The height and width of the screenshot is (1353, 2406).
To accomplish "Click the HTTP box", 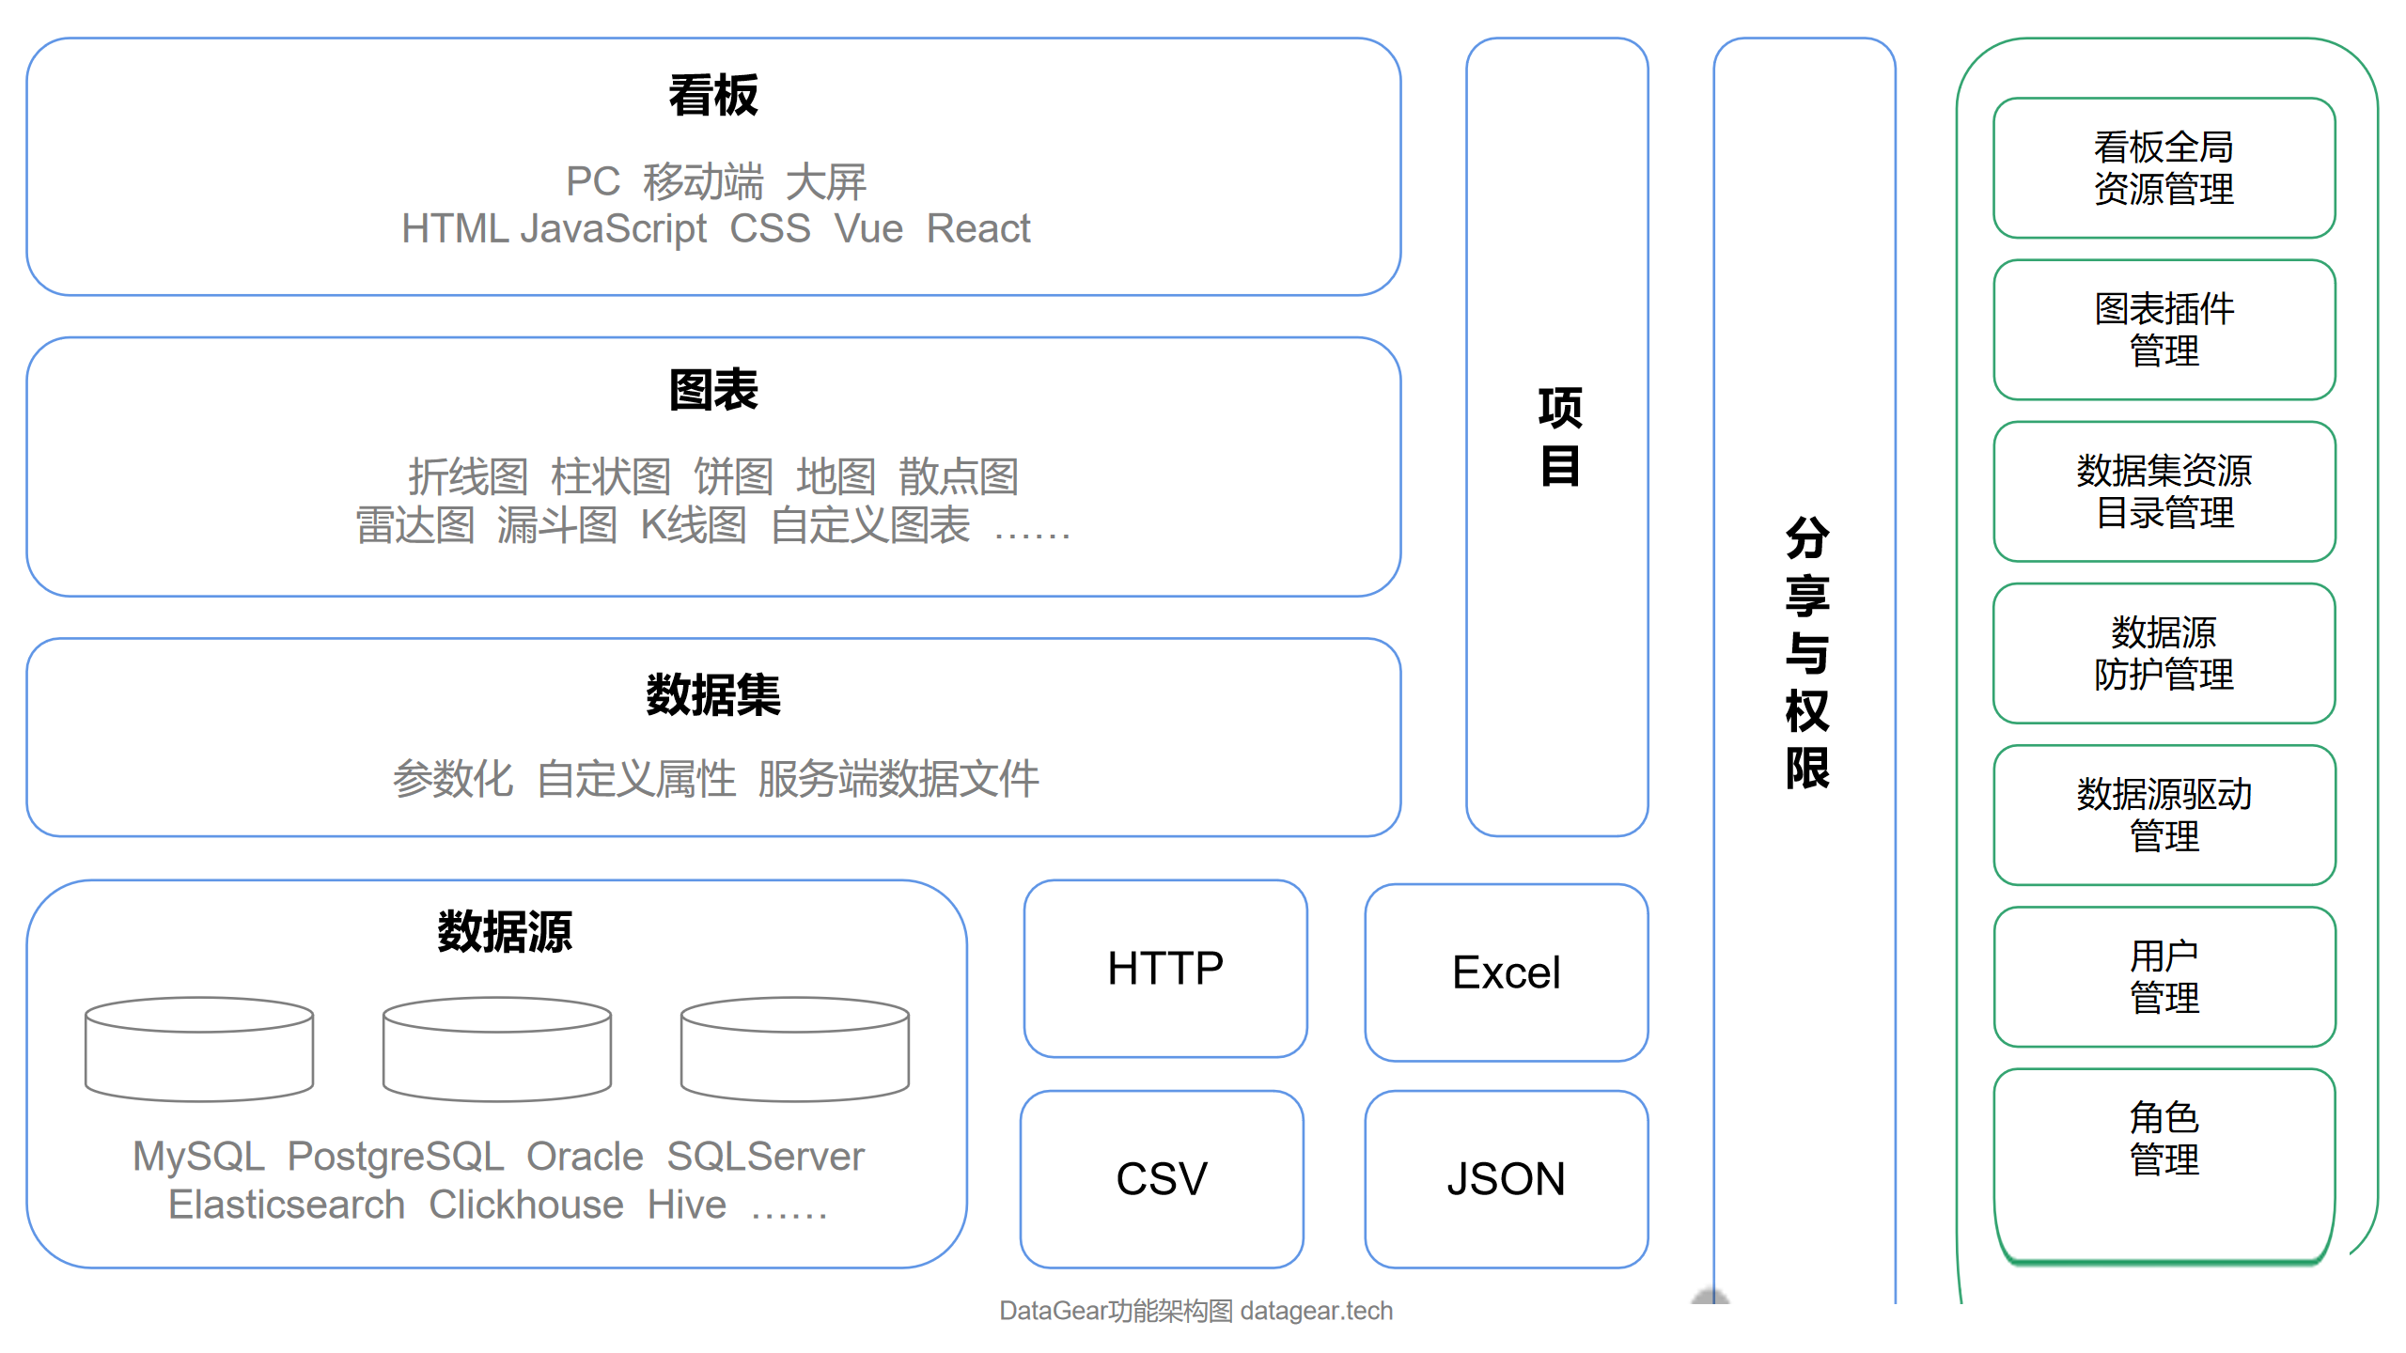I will [1165, 968].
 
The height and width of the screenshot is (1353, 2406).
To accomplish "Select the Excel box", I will [1506, 972].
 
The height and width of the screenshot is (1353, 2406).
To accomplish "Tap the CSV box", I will [1162, 1178].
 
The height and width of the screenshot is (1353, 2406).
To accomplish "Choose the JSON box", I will [1506, 1178].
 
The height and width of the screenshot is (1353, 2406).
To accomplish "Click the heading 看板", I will [713, 96].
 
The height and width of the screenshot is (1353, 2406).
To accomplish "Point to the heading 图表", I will [713, 390].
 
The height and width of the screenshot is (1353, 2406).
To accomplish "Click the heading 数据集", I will [713, 695].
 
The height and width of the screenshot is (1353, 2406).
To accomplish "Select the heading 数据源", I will [505, 932].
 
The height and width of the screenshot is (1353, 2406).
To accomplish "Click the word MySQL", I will [198, 1156].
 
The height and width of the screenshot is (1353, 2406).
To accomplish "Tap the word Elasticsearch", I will [287, 1205].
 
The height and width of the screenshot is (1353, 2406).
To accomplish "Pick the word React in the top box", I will [977, 228].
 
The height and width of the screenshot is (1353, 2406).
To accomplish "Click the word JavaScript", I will [613, 228].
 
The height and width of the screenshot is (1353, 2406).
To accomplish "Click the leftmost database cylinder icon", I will [199, 1049].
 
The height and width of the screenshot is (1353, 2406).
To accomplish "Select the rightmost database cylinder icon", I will [795, 1049].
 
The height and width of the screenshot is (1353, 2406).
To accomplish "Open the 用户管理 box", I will [2164, 976].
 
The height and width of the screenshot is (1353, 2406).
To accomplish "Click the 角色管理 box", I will [2164, 1139].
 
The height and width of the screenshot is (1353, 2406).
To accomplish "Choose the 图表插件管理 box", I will [2164, 330].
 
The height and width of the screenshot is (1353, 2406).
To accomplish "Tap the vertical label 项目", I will [1559, 436].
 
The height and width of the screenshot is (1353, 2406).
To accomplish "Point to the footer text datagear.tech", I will [1316, 1311].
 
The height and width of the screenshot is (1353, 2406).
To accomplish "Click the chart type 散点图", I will [959, 476].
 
